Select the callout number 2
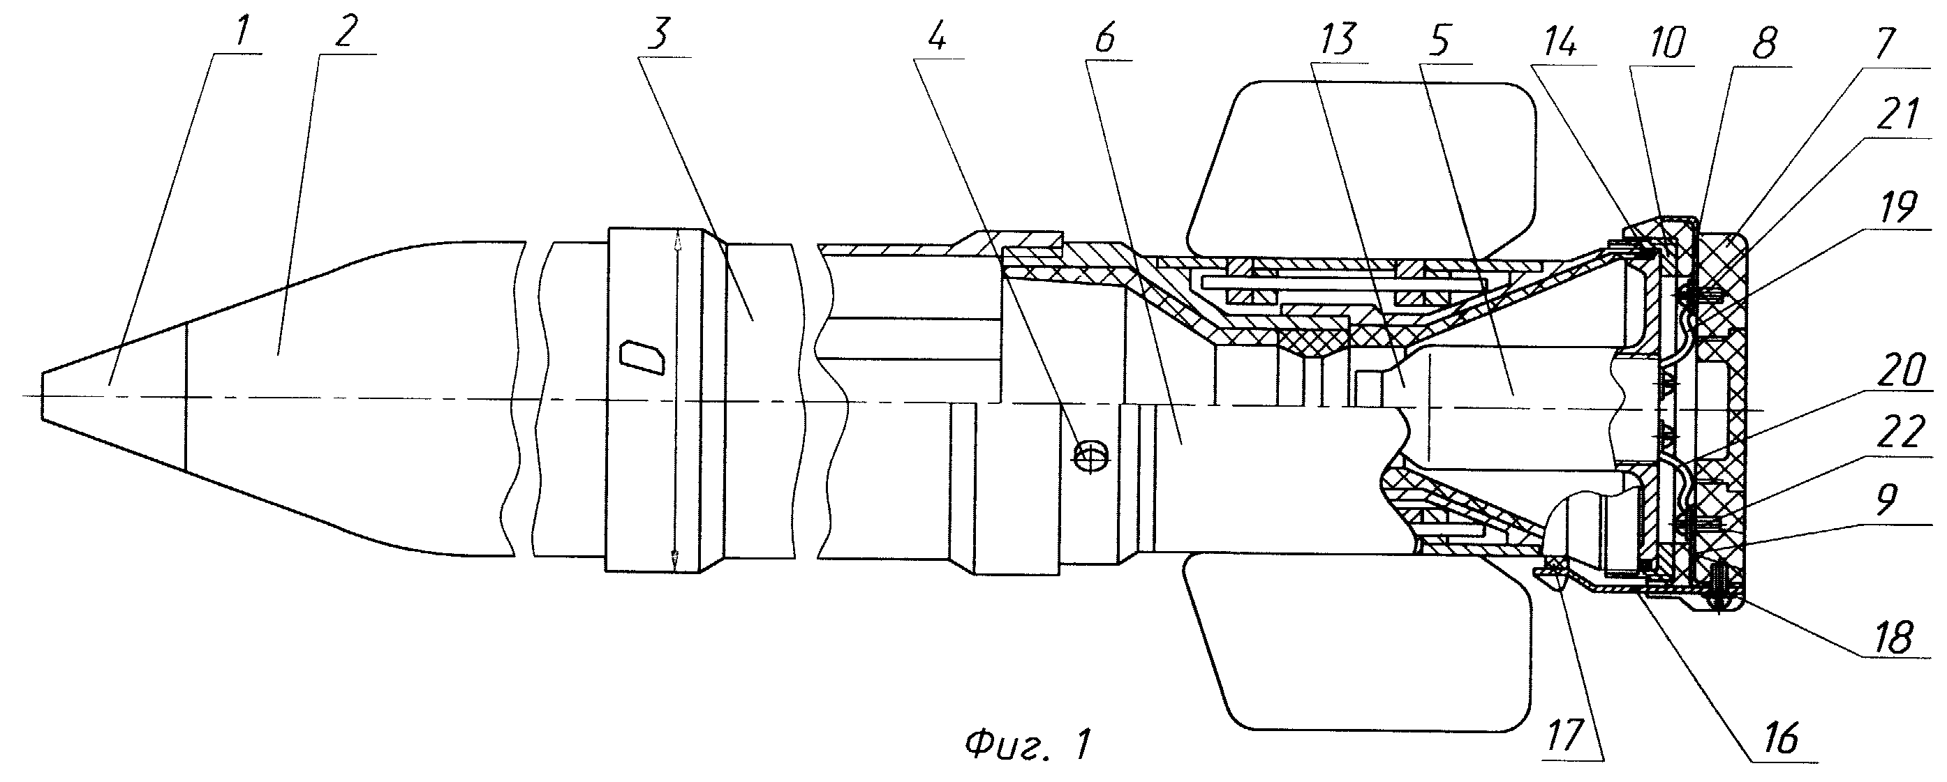[345, 34]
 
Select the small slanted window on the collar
[641, 355]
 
